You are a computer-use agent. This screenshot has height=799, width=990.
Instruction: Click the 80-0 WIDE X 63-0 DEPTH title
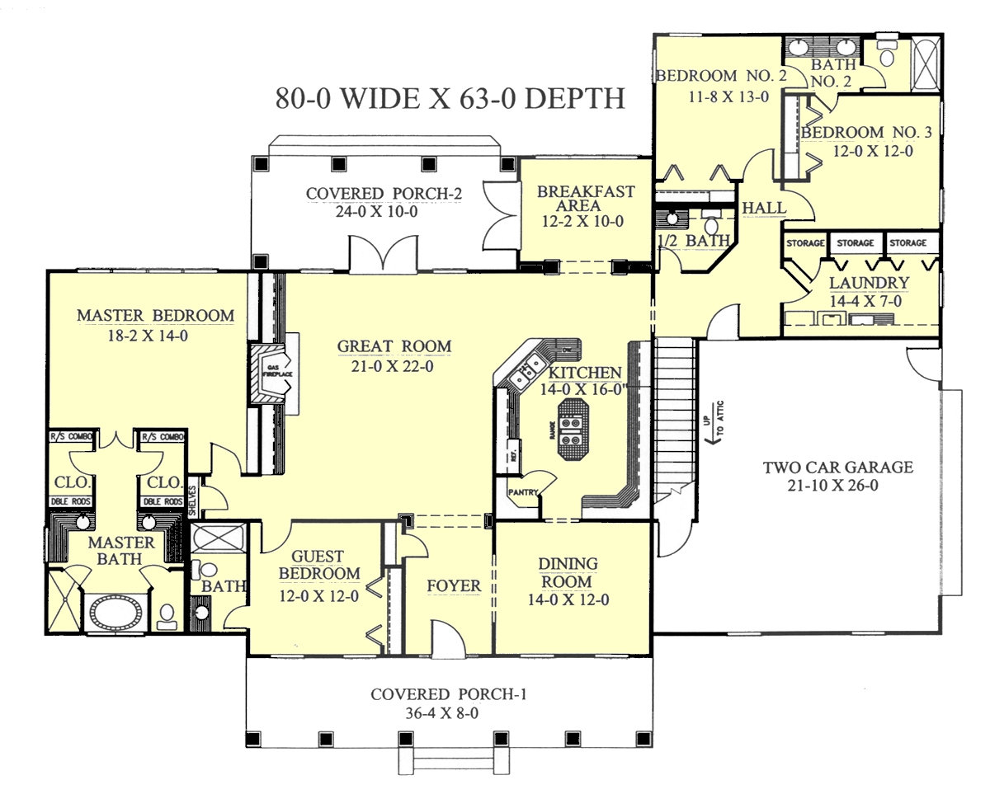tap(449, 98)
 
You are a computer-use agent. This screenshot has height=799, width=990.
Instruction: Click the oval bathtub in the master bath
tap(115, 613)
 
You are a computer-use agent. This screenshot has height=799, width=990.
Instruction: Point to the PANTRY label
tap(523, 493)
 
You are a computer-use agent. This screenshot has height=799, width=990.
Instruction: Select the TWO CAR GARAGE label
tap(837, 468)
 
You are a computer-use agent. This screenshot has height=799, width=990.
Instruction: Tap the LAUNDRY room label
tap(857, 283)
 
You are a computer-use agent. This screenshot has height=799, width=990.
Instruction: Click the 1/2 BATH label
tap(694, 241)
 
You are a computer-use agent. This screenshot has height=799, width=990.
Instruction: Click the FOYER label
tap(453, 586)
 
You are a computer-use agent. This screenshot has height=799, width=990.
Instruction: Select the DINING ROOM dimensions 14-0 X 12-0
tap(568, 600)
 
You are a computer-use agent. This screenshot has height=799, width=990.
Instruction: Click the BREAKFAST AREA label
tap(586, 198)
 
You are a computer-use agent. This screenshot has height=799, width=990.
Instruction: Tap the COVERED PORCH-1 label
tap(448, 694)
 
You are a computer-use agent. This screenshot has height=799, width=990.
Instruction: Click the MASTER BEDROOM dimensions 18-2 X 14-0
tap(155, 335)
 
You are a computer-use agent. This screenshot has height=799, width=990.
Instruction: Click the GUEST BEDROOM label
tap(318, 565)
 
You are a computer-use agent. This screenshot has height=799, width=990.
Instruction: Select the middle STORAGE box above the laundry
tap(855, 243)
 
